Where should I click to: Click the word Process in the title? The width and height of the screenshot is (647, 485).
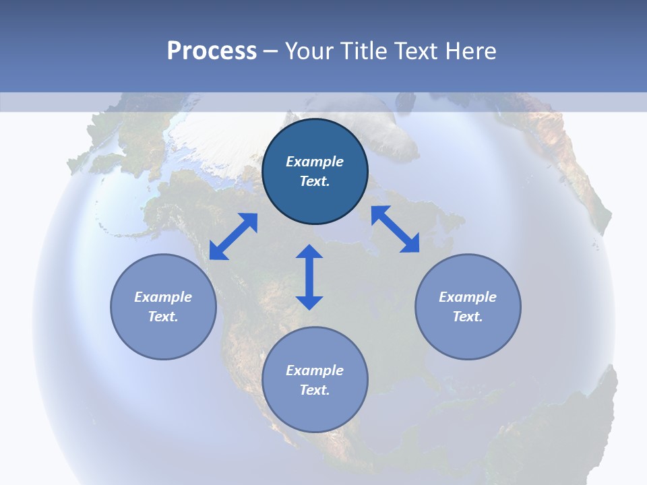point(212,51)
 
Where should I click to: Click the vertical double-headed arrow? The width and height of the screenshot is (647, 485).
point(309,278)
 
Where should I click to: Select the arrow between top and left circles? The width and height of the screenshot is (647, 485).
point(233,236)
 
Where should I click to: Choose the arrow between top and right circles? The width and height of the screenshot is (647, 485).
point(396,229)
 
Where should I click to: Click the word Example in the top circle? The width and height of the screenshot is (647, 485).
point(315,162)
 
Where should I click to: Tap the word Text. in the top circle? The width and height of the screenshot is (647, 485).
point(315,181)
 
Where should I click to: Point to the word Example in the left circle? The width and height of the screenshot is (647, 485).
point(163,297)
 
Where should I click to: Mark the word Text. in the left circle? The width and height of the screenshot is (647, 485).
point(163,317)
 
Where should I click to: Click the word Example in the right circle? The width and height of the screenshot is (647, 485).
point(468,297)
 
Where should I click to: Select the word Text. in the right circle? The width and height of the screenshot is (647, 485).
point(468,317)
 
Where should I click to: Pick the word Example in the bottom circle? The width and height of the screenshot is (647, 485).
point(315,370)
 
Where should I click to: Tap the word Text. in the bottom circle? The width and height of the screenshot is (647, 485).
point(315,390)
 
